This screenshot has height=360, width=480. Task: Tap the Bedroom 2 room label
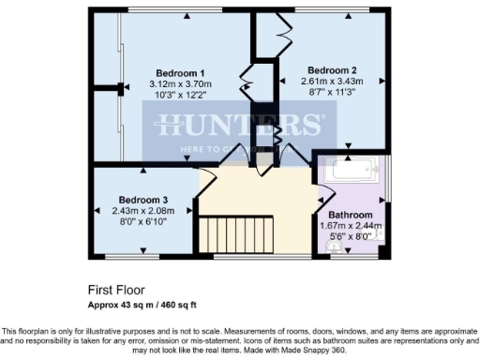[x=332, y=69]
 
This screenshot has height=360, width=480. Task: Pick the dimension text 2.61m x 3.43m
[x=332, y=81]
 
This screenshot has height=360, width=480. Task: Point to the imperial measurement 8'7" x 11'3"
[x=332, y=92]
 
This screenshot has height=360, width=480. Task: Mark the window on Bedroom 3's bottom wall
[x=130, y=254]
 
